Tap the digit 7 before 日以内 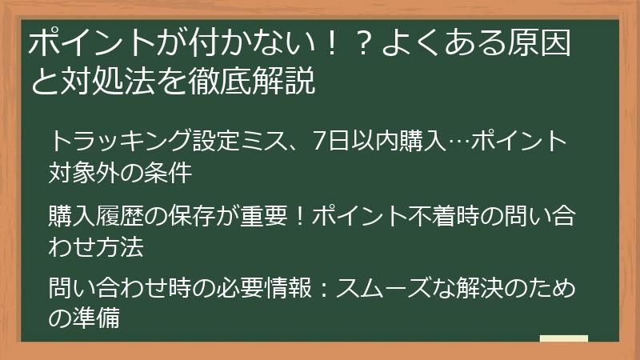pyautogui.click(x=300, y=142)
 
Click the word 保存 pyautogui.click(x=190, y=217)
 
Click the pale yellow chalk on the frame pyautogui.click(x=563, y=338)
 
